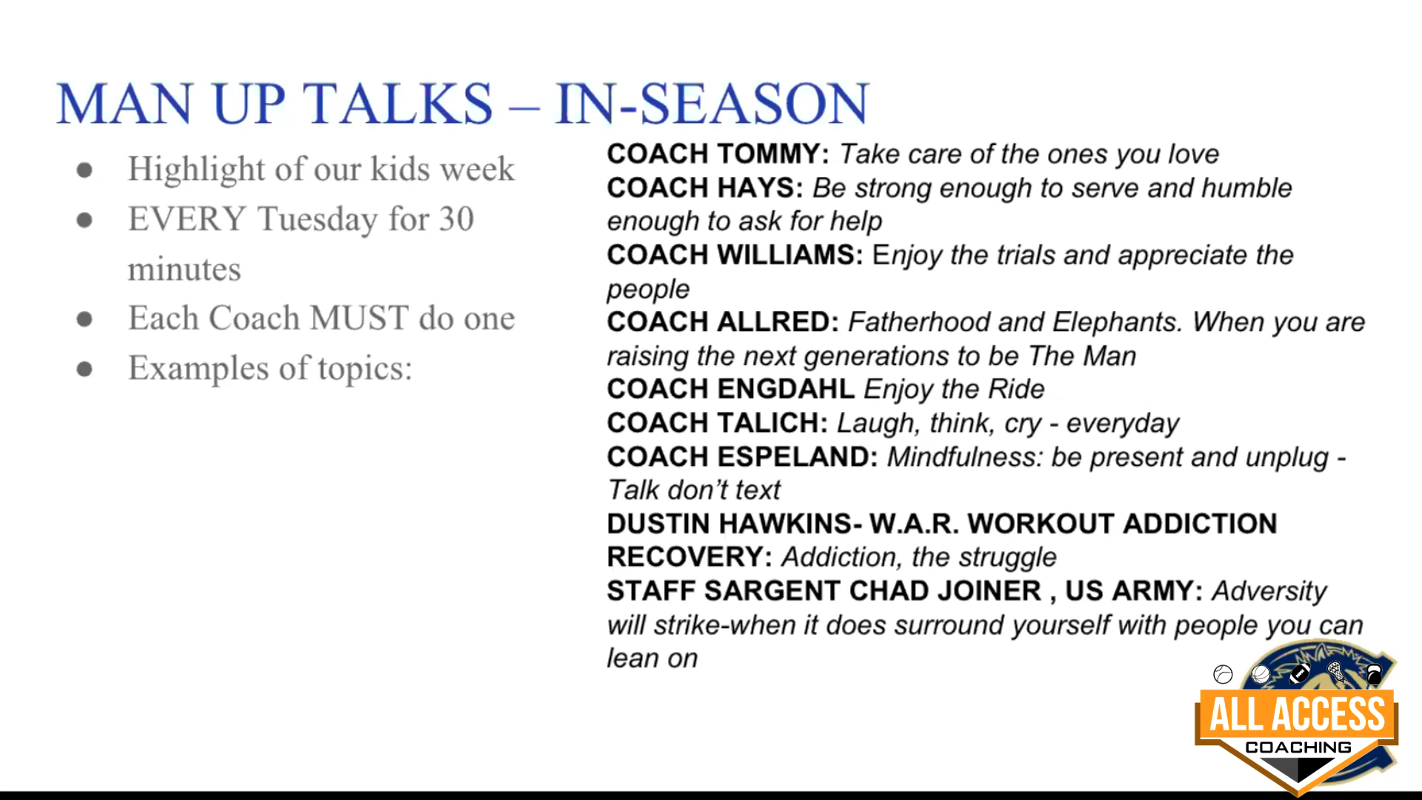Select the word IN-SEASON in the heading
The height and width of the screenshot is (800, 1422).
click(712, 103)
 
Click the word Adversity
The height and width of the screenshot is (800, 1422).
click(1269, 591)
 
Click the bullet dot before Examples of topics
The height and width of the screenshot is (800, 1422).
click(84, 369)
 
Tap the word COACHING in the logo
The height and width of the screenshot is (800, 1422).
click(1298, 747)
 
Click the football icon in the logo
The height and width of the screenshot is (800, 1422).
click(1299, 674)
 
